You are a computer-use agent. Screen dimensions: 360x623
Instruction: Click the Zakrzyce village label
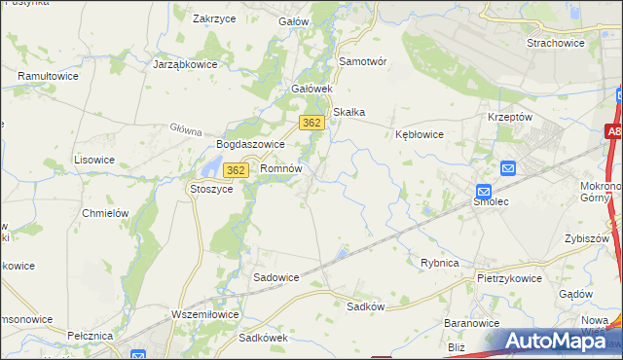point(217,18)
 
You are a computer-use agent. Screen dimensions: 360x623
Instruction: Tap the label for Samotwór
point(363,60)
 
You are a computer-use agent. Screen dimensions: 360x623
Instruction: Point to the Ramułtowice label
point(48,75)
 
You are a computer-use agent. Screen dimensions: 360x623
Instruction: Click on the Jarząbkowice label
point(185,64)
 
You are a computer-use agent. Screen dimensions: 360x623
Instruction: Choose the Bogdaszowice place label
point(250,144)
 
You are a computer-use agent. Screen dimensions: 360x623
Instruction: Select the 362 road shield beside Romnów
point(235,170)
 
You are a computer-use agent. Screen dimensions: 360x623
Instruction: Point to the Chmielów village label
point(106,213)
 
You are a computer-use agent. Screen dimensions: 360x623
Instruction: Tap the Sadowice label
point(276,277)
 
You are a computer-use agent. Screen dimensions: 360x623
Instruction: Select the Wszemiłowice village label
point(204,313)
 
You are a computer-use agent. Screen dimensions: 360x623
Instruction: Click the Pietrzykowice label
point(509,277)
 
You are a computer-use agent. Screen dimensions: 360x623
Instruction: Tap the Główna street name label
point(185,129)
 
